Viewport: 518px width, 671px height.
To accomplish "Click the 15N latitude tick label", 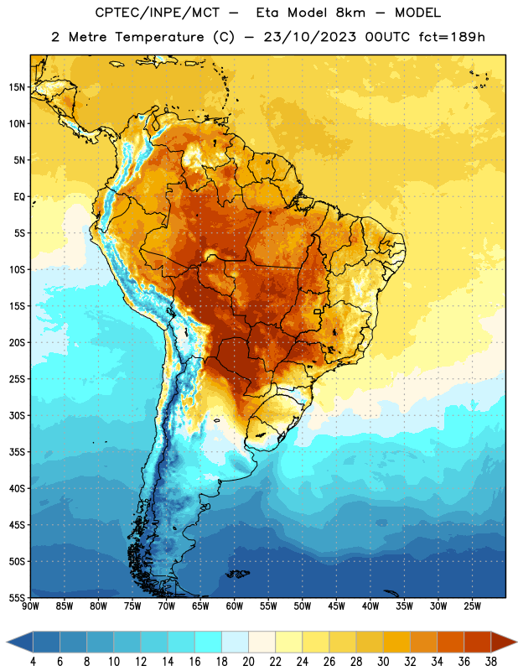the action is point(17,87).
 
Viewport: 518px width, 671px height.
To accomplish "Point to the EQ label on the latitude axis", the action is point(19,197).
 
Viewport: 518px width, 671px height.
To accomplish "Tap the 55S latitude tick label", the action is point(17,597).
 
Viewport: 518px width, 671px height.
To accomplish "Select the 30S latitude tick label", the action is point(17,415).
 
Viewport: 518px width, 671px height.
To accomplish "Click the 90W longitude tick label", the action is point(30,606).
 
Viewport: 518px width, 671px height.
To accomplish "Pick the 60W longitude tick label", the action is point(235,606).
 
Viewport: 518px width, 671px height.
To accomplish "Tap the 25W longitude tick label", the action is point(472,606).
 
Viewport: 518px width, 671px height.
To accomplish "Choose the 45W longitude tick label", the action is point(336,606).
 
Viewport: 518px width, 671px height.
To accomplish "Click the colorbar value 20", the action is point(248,662).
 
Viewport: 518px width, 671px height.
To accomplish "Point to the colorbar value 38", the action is point(490,662).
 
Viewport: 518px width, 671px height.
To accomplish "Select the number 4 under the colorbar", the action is point(33,662).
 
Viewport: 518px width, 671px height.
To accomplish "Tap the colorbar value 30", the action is point(383,662).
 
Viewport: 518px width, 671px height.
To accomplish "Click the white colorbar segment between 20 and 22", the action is point(262,642).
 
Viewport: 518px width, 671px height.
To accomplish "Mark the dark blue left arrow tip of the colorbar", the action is point(8,642).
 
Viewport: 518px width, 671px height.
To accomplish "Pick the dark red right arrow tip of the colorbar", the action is point(515,642).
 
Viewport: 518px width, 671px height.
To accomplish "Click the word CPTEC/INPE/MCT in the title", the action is point(158,13).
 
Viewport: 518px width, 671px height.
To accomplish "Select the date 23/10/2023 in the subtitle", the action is point(309,37).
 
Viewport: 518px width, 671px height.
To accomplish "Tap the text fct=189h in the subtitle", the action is point(452,37).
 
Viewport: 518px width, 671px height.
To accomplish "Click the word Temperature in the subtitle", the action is point(159,37).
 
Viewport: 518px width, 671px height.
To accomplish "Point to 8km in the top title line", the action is point(350,13).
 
